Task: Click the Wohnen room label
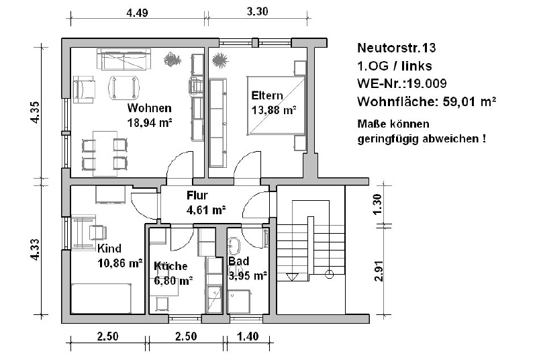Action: click(149, 108)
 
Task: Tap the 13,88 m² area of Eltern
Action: click(274, 110)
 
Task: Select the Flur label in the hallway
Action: click(197, 195)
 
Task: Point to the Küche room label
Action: click(170, 266)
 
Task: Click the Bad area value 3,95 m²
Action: click(248, 276)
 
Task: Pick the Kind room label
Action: click(109, 248)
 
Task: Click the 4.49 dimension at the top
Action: click(137, 13)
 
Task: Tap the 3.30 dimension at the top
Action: click(257, 11)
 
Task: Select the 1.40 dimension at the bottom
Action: click(248, 336)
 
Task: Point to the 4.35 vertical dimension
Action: click(35, 112)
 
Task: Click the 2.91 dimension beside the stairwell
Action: click(378, 271)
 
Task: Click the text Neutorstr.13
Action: click(396, 48)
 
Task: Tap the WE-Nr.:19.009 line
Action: click(401, 83)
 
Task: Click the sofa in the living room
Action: click(124, 59)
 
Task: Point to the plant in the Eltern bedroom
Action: click(219, 60)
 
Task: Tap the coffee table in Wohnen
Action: click(124, 88)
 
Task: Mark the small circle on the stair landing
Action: click(329, 274)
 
